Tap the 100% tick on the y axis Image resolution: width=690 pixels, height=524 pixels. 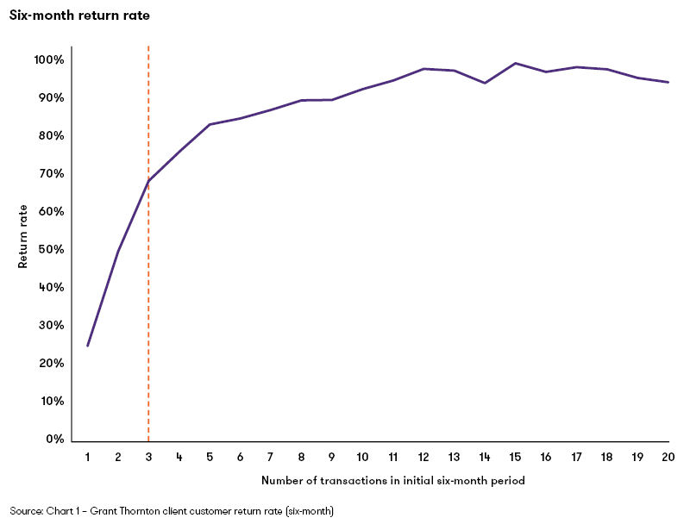coord(49,60)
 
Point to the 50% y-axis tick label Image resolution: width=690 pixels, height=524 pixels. coord(50,250)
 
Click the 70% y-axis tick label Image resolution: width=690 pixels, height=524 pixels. coord(50,174)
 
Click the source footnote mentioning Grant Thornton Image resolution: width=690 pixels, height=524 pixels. coord(172,511)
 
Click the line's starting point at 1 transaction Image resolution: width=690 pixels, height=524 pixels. coord(87,346)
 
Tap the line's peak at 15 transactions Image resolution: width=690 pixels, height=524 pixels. coord(515,63)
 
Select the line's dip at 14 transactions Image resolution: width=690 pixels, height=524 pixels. coord(485,83)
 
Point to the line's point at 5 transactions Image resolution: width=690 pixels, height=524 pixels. coord(210,124)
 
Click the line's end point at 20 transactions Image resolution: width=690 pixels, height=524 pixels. coord(668,83)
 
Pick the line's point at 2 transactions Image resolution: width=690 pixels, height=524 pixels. coord(118,250)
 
